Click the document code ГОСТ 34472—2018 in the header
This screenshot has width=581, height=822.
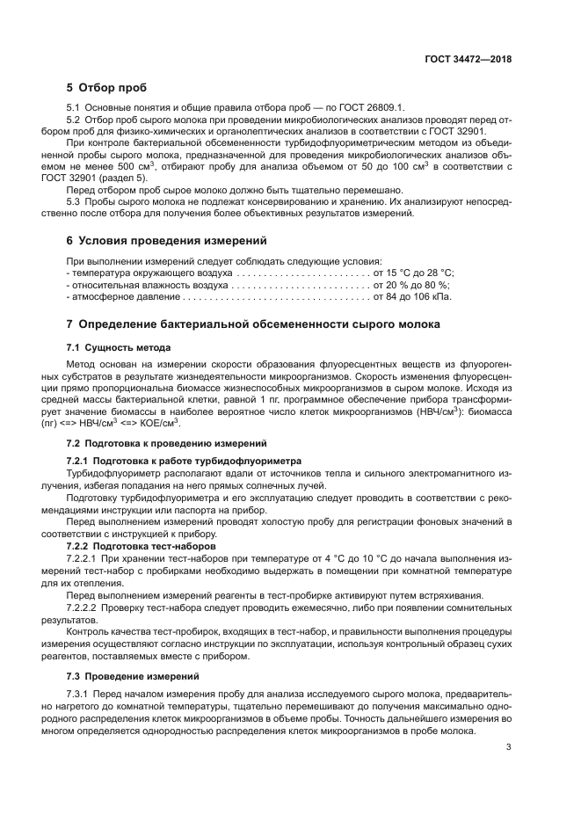[x=468, y=60]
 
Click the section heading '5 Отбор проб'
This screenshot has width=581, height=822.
[x=107, y=88]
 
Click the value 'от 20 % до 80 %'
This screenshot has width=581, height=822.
[x=411, y=285]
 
